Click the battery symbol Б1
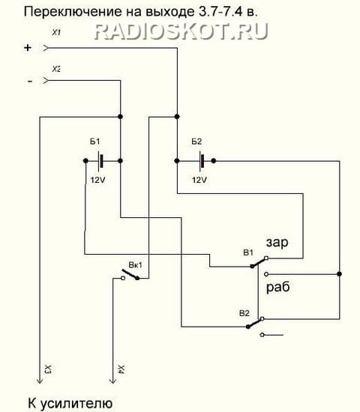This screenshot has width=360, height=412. tap(100, 161)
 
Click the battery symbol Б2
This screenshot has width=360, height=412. tap(202, 161)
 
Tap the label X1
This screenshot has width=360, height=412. tap(56, 33)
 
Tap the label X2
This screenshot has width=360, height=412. tap(56, 69)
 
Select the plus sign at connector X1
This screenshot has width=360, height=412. tap(28, 48)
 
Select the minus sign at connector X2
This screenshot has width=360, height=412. tap(30, 81)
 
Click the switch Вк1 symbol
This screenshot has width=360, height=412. tap(130, 275)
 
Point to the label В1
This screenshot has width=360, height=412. tap(248, 252)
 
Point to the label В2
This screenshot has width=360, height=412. tap(244, 313)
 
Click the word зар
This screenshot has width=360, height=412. tap(277, 242)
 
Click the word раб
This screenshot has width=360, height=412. tap(278, 286)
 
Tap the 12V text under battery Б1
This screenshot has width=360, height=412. tap(97, 180)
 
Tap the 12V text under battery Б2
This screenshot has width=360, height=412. tap(199, 180)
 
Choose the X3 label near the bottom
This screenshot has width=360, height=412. tap(48, 369)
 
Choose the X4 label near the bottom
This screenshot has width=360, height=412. tap(121, 369)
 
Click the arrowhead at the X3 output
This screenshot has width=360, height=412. tap(40, 381)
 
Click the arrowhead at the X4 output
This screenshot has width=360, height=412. tap(113, 381)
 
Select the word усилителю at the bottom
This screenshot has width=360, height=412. tap(76, 404)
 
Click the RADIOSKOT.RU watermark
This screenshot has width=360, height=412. tap(181, 31)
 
